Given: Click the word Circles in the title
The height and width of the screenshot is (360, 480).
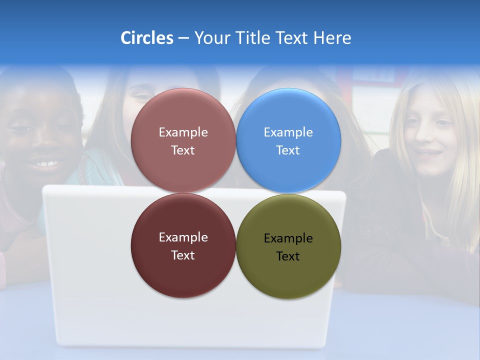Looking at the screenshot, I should pos(147,38).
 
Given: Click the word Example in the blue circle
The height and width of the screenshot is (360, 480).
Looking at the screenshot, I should pos(288,132).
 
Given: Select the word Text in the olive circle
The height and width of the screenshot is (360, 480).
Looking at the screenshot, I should pos(288,256).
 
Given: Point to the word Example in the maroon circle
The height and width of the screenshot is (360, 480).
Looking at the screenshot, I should pos(183,237).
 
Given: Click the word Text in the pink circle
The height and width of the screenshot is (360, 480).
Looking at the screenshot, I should pos(183,150).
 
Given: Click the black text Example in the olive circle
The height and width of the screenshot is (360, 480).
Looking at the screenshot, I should pos(288,238).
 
